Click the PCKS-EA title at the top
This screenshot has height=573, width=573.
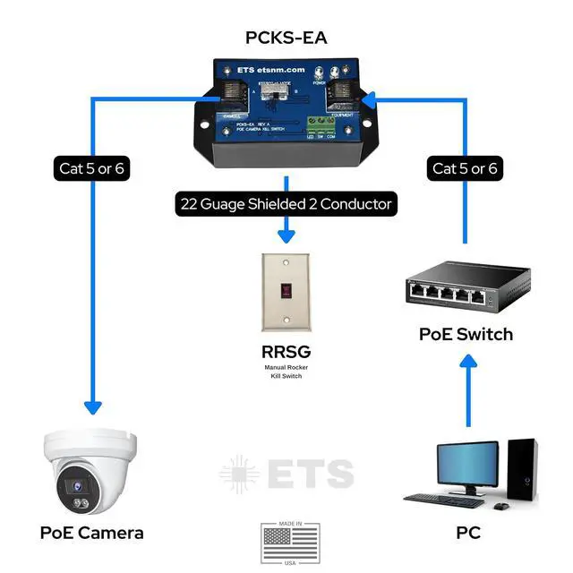point(286,38)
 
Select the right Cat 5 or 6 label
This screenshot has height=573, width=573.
point(466,168)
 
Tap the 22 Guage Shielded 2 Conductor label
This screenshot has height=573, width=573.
point(285,204)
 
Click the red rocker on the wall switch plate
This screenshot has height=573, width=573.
point(286,289)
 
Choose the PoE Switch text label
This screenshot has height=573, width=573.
point(466,334)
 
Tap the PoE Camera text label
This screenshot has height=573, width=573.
point(92,533)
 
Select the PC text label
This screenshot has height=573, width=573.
point(467,533)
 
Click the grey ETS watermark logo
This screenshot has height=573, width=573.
point(286,475)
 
